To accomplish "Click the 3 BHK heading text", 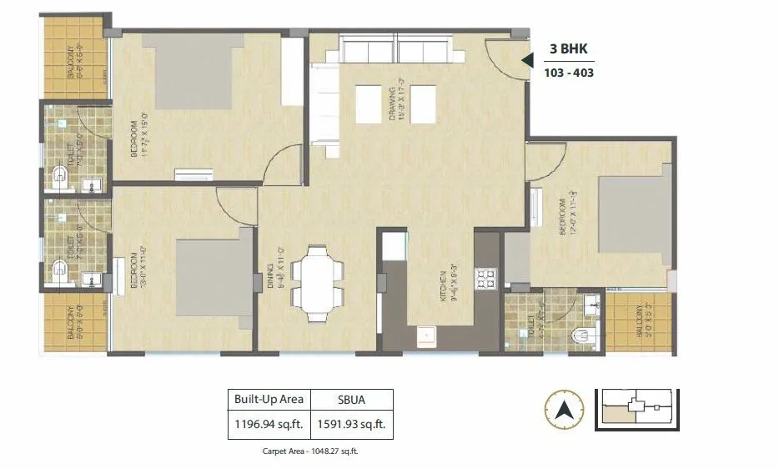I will click(568, 49).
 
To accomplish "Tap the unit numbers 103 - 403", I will click(568, 73).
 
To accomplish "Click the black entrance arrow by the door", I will click(526, 60).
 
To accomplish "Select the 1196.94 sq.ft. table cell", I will click(269, 424).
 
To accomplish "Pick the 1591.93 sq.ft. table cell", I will click(352, 424).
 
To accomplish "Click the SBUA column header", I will click(352, 398).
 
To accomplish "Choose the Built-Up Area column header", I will click(269, 398).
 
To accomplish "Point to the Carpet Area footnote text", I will click(310, 451).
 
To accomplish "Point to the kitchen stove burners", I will click(485, 278).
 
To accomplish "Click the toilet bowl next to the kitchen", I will click(580, 335).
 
